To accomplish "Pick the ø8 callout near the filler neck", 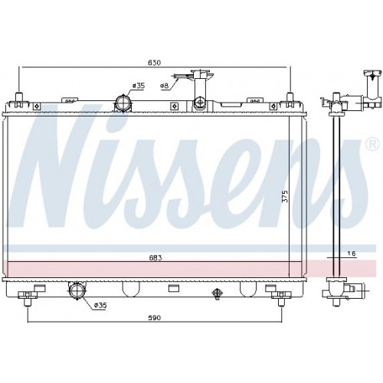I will [x=164, y=86].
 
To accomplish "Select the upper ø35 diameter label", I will [x=139, y=85].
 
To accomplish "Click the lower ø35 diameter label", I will [x=99, y=306].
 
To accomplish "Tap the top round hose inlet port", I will [x=123, y=101].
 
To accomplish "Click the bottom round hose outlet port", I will [x=77, y=290].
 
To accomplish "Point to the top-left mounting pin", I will [x=18, y=99].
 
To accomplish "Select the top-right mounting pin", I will [x=290, y=98].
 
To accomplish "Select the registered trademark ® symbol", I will [x=372, y=144].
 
